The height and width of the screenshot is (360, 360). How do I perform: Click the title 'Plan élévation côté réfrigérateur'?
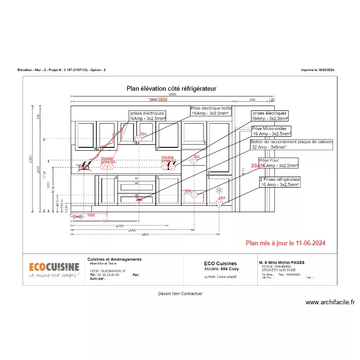pos(171,88)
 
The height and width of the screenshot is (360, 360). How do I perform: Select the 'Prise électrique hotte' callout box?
pos(211,111)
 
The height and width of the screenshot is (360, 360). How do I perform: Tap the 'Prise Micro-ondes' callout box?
pos(271,132)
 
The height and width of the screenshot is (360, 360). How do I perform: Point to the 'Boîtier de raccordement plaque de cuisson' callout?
pos(291,145)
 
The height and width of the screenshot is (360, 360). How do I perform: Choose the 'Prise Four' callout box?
pos(278,163)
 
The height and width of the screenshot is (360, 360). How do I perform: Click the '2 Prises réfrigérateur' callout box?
pos(280,181)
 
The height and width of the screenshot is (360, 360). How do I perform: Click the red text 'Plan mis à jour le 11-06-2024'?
pos(285,243)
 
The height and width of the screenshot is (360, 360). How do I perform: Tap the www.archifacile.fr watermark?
pos(330,302)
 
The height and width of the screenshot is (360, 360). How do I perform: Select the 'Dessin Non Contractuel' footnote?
pos(180,293)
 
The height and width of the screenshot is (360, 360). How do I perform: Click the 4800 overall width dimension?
pos(172,95)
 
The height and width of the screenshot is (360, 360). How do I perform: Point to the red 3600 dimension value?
pos(163,100)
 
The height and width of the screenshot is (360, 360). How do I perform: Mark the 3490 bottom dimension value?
pos(145,235)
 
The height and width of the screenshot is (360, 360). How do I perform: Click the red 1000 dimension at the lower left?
pos(91,216)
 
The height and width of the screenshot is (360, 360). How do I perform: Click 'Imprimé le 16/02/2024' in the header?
pos(317,70)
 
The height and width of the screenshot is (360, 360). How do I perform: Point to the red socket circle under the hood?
pos(138,138)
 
